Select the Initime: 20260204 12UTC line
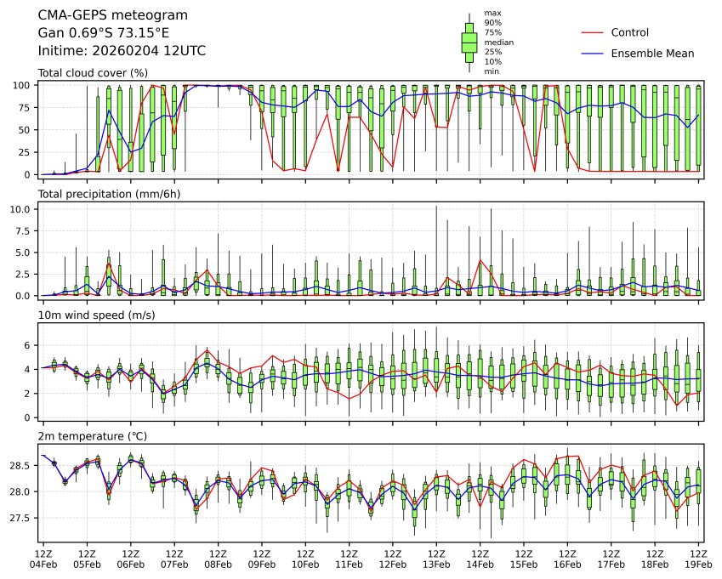(122, 51)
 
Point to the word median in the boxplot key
(498, 42)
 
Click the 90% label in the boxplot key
(492, 23)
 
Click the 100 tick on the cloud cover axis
(23, 85)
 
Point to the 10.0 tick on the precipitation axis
(22, 209)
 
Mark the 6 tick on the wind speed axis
(28, 345)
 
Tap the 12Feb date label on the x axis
(392, 565)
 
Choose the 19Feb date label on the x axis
(698, 565)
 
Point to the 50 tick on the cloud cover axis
(26, 130)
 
